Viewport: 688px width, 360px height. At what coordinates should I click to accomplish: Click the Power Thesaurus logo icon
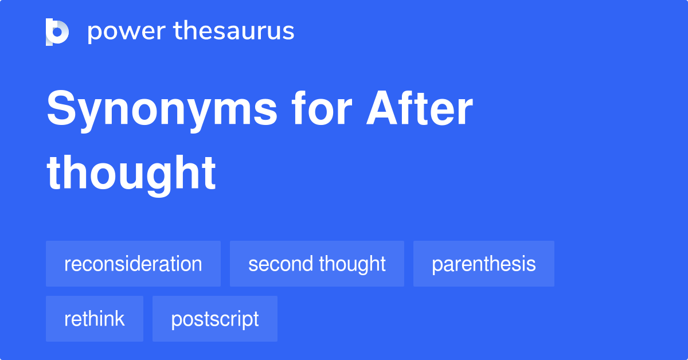57,32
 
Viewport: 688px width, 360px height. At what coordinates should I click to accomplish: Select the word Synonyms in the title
162,110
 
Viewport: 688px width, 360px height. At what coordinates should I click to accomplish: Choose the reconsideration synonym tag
133,264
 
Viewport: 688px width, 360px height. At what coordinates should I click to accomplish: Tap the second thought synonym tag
317,264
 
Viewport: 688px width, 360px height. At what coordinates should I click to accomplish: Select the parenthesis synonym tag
484,264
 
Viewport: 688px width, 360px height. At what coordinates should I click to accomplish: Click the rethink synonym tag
95,319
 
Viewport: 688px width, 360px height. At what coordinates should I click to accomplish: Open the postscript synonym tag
215,319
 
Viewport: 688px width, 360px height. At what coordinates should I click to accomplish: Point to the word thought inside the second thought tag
352,264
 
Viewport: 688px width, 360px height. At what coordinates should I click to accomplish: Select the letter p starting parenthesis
436,265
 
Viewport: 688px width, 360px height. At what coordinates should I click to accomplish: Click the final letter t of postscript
256,319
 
